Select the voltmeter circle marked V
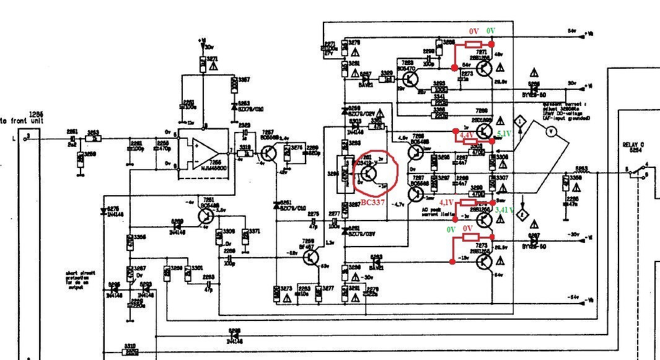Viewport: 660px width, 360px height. pyautogui.click(x=547, y=131)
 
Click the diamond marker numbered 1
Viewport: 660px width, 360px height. pyautogui.click(x=521, y=121)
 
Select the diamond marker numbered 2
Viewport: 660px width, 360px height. pyautogui.click(x=522, y=214)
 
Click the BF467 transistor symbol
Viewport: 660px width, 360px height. pyautogui.click(x=311, y=257)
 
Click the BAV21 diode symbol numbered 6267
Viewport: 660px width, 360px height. pyautogui.click(x=366, y=79)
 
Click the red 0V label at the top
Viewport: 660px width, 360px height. pyautogui.click(x=473, y=30)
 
